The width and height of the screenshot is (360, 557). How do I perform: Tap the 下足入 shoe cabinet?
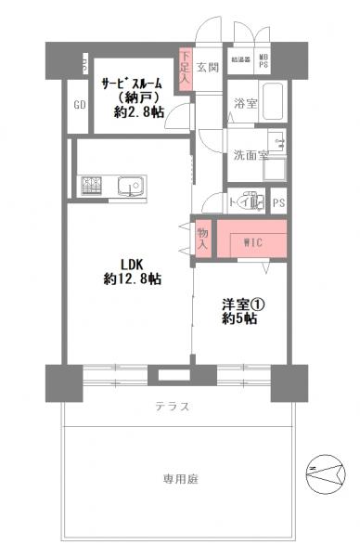[185, 71]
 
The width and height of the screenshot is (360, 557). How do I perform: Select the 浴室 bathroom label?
[245, 103]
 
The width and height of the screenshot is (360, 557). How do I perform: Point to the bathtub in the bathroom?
[272, 98]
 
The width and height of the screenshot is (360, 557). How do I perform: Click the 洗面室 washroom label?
[250, 154]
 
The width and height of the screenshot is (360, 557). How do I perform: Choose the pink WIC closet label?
[252, 243]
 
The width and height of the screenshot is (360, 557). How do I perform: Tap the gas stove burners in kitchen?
[93, 187]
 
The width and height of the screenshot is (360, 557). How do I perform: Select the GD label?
[79, 104]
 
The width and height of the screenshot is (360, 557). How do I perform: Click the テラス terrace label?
[173, 407]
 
